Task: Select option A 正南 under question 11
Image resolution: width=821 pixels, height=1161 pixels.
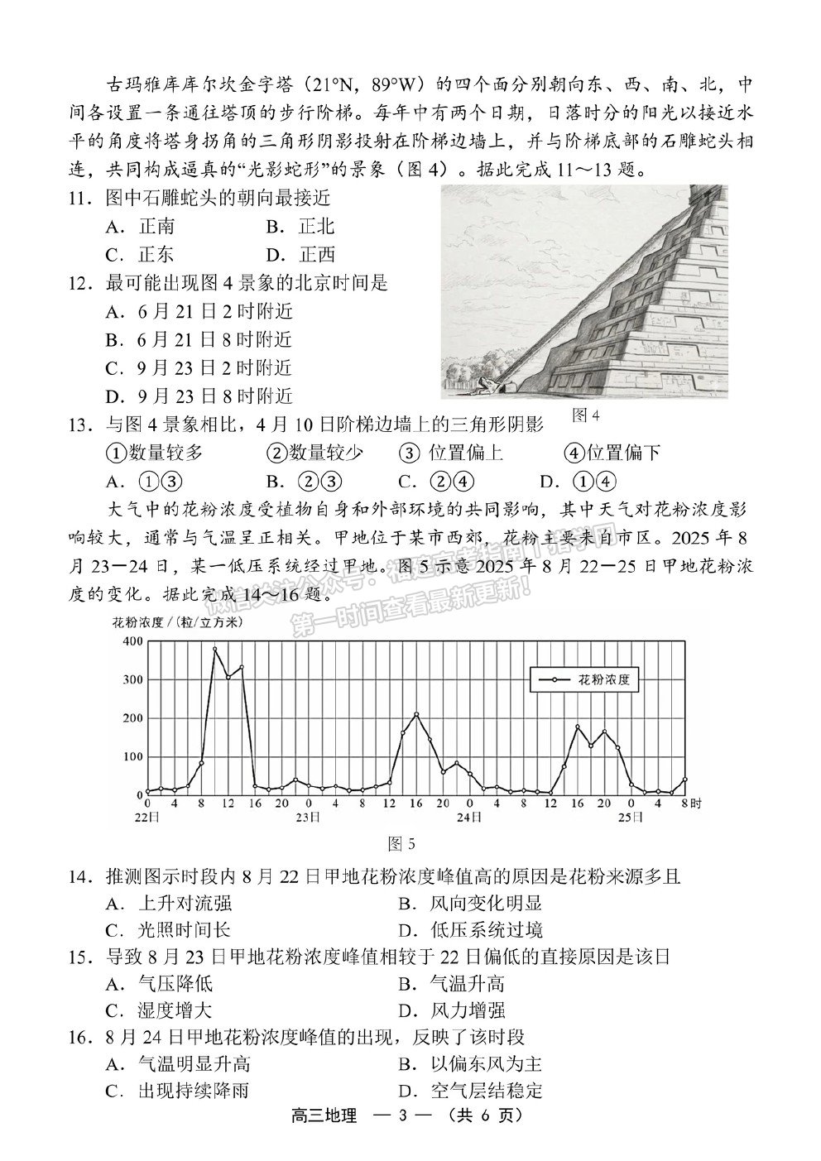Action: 141,226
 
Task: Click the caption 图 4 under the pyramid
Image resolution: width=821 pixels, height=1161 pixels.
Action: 584,415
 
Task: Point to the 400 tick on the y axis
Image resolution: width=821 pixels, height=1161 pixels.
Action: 133,642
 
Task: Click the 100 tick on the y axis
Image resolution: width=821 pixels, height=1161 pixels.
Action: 133,756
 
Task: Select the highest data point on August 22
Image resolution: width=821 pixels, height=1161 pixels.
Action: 215,650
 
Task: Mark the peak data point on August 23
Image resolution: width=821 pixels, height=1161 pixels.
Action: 416,714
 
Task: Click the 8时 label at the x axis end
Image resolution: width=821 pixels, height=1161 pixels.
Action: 691,803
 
